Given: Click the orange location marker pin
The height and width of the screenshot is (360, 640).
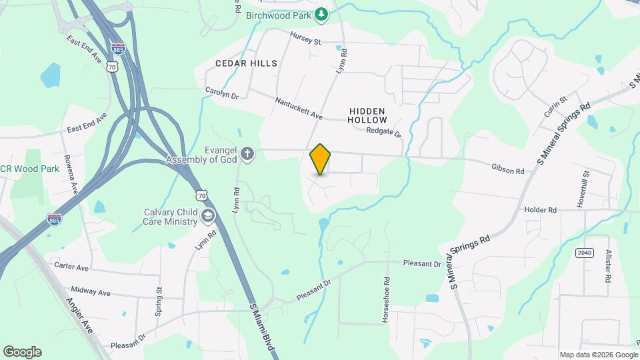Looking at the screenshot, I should point(321,159).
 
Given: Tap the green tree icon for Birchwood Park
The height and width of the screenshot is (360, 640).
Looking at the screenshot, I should point(321,13).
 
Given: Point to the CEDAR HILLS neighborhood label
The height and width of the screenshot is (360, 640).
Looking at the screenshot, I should point(246,63).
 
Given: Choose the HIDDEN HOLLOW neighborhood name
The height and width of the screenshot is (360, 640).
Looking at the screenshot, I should point(367,115).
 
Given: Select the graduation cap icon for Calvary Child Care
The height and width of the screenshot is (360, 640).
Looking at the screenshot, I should point(209,215).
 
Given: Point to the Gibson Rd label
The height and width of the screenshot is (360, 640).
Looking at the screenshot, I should point(507,170).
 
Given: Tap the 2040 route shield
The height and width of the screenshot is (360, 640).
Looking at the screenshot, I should point(584,253).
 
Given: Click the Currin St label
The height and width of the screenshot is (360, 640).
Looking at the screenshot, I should point(555,107).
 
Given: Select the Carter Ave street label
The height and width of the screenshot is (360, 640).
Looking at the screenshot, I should point(71,267).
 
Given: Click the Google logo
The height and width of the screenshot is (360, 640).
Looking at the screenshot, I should point(22,352).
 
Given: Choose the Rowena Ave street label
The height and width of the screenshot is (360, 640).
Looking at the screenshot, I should point(71,175).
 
